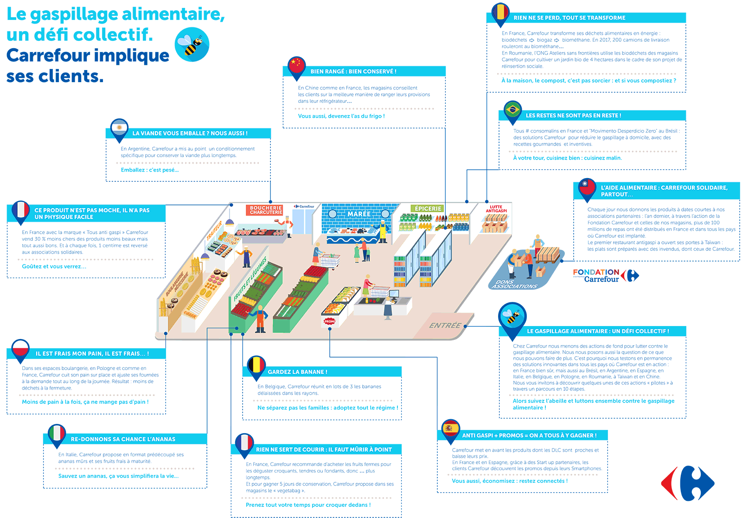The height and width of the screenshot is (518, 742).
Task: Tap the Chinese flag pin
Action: [296, 65]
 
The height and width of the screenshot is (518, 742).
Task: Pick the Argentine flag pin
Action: [119, 128]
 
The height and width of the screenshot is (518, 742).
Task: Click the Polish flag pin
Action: [20, 349]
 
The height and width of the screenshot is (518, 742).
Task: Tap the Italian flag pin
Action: [57, 434]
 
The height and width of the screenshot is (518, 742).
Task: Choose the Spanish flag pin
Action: [450, 428]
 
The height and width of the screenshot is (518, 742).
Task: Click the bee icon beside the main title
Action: [192, 45]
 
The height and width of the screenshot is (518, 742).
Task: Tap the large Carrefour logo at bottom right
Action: [688, 483]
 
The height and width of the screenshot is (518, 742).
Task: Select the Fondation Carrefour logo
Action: [605, 275]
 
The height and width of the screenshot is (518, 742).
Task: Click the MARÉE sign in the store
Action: [359, 214]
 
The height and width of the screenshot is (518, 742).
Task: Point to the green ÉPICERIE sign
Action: [428, 209]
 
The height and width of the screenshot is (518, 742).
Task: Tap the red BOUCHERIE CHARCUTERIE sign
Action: [266, 210]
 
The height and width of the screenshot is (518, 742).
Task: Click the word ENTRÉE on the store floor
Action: [445, 326]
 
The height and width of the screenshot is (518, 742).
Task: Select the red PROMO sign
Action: [329, 321]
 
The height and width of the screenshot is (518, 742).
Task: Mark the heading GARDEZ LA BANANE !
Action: [297, 372]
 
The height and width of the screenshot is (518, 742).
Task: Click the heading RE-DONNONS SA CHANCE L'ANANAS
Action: [123, 439]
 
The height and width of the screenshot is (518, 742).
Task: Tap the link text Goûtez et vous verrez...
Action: [54, 266]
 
